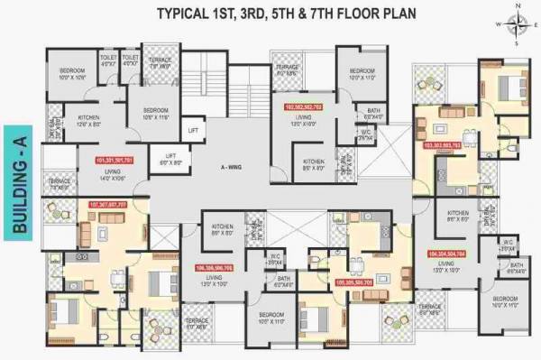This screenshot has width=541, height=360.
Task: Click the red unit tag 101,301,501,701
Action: (113, 160)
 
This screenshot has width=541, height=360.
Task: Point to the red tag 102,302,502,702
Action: (303, 106)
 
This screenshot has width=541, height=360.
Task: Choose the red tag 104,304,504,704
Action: (447, 254)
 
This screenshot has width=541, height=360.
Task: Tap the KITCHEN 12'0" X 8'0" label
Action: (88, 121)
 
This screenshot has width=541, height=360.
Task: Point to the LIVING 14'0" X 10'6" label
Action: (112, 173)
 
